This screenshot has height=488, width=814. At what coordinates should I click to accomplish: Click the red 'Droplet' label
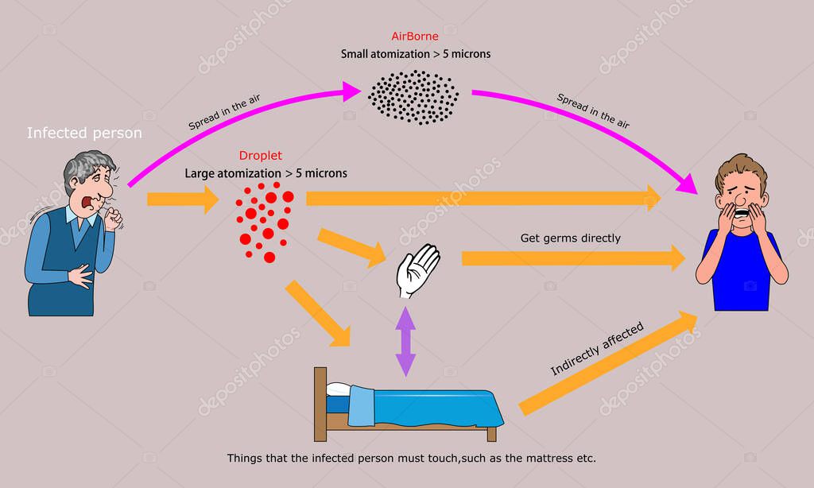[x=260, y=156]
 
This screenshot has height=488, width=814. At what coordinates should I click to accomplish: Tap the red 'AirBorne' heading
[x=414, y=37]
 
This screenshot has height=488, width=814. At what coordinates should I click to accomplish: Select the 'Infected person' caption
[x=84, y=133]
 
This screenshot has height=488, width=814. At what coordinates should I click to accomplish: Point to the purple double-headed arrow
[x=405, y=341]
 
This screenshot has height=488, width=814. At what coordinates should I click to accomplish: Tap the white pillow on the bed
[x=338, y=389]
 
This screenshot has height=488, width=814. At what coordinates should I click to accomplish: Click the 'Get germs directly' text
[x=570, y=238]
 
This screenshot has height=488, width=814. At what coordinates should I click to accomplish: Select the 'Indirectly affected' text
[x=596, y=349]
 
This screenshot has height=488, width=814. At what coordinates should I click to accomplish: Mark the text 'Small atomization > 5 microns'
[x=415, y=54]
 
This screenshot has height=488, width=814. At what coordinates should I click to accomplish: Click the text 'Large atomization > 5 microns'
[x=266, y=172]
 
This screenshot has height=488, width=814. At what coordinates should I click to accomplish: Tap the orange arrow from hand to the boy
[x=572, y=258]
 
